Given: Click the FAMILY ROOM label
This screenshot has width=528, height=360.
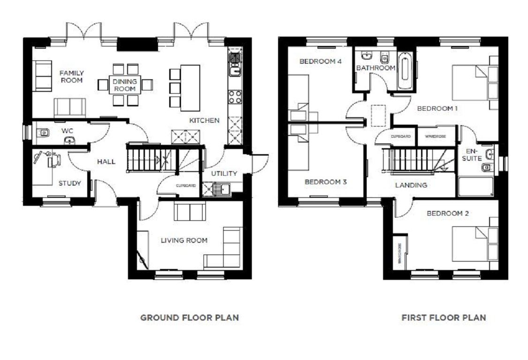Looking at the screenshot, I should [x=71, y=76].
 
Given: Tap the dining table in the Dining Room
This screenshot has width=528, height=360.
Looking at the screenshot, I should [x=125, y=85].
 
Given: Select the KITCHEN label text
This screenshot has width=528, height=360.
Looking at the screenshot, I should [x=204, y=120].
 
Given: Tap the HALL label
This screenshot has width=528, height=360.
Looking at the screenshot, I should [x=106, y=162].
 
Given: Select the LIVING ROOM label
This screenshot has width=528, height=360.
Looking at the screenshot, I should [x=184, y=240].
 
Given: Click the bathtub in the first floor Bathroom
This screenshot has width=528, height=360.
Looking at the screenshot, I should [x=406, y=71].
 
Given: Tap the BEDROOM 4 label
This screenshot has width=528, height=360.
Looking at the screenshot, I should [x=320, y=61].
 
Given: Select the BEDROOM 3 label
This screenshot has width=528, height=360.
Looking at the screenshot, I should [x=325, y=182].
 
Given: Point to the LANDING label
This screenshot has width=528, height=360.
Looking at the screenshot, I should [x=411, y=185].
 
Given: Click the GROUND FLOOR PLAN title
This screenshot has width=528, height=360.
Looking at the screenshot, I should [x=189, y=317].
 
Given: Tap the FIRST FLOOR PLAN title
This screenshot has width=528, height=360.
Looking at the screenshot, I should [x=444, y=317].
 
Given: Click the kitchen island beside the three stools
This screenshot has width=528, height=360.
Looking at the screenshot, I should [x=190, y=88].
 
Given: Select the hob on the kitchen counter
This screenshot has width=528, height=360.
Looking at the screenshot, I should [x=234, y=97].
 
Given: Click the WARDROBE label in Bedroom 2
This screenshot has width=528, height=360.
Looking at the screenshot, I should [x=400, y=253].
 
